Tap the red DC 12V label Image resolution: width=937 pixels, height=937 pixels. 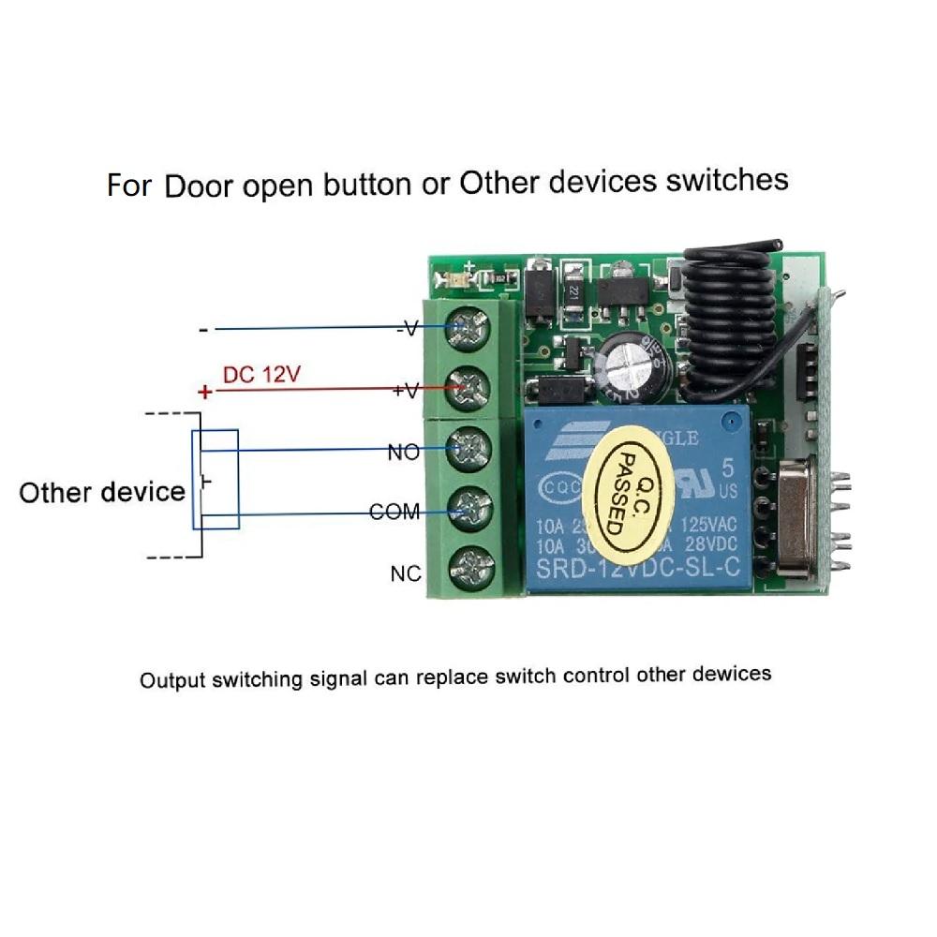point(260,375)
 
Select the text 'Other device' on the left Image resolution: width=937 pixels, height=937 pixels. point(101,492)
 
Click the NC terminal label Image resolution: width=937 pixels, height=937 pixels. point(406,573)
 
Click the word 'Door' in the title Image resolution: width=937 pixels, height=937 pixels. point(200,185)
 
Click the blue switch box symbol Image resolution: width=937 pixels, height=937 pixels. point(216,479)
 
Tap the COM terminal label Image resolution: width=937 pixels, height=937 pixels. point(394,513)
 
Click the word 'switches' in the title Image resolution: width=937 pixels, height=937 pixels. point(727,179)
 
